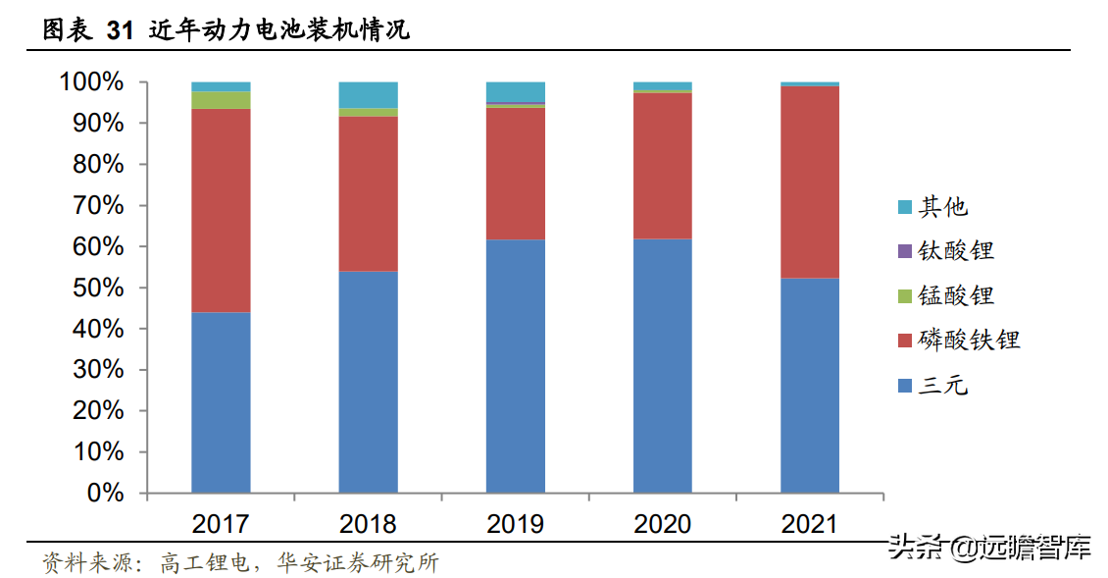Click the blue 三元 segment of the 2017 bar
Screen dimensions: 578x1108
click(x=221, y=402)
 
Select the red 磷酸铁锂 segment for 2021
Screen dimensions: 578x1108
click(x=810, y=182)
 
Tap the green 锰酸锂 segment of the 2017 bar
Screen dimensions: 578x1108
click(x=221, y=100)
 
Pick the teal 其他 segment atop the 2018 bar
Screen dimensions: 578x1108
click(x=368, y=94)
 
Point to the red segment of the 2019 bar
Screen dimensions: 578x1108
click(x=515, y=173)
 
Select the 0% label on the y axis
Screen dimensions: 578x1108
click(x=106, y=493)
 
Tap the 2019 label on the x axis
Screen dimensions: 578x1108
click(x=515, y=524)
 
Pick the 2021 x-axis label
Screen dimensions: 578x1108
click(x=810, y=524)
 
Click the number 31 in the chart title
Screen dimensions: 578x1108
click(x=119, y=31)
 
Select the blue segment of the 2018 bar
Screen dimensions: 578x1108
click(x=368, y=382)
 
